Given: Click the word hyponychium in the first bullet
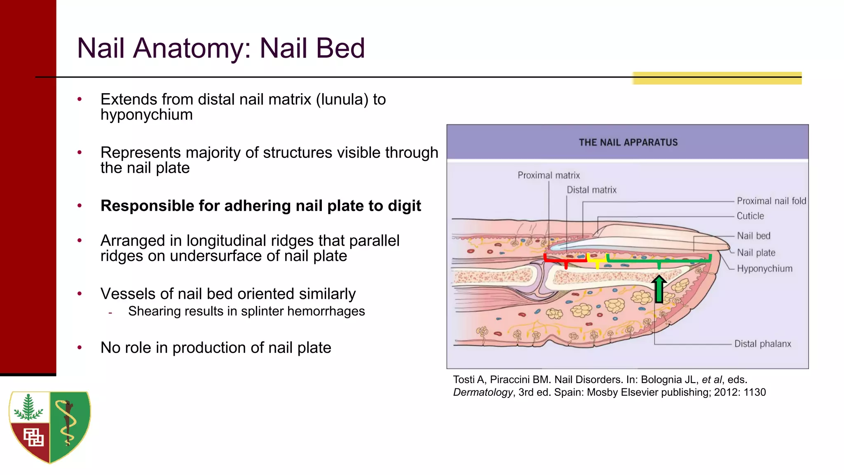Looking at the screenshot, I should [x=146, y=115].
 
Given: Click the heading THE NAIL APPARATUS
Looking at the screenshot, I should [x=628, y=143].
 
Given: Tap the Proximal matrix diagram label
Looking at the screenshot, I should [x=549, y=175].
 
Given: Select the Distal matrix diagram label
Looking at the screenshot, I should [x=591, y=190].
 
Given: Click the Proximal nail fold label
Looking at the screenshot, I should [x=771, y=201].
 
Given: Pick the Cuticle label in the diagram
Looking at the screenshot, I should [x=750, y=216].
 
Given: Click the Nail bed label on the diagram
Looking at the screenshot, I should [x=753, y=236].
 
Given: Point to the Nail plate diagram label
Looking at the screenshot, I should [x=756, y=253].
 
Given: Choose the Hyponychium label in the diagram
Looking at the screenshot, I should [x=764, y=269].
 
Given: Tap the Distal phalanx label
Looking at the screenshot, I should [x=762, y=344].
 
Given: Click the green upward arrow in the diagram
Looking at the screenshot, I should [x=659, y=289].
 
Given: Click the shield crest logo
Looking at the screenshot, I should [x=50, y=426].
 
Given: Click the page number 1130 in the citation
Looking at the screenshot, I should [x=755, y=393].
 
